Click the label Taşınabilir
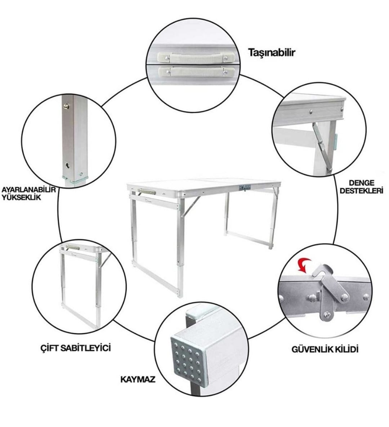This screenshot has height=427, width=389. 272,53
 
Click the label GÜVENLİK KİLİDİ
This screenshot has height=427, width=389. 325,349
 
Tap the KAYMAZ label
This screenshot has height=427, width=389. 138,379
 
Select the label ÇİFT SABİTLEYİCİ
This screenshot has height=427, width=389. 75,348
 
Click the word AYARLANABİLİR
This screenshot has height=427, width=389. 29,190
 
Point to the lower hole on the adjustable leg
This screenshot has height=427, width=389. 67,165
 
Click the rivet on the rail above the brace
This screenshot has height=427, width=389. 310,112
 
